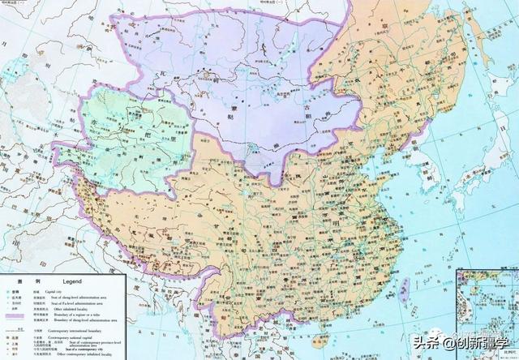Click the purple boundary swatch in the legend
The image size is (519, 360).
(20, 319)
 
